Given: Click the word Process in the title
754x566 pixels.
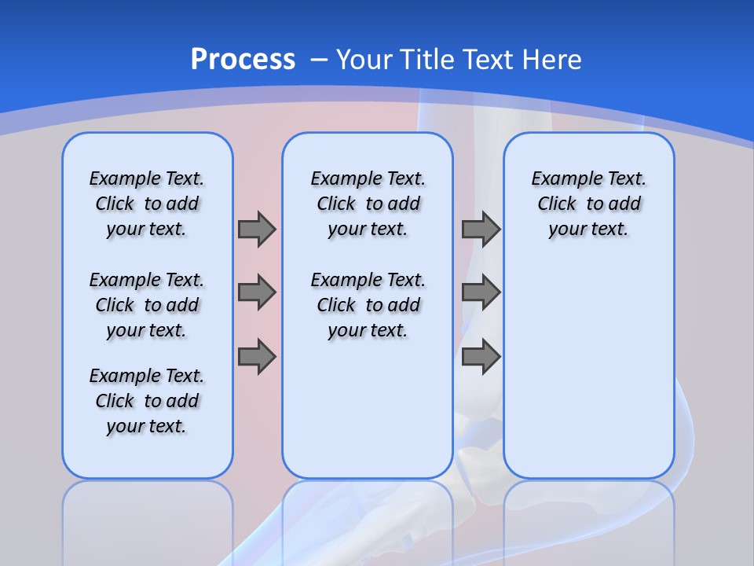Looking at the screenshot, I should [x=243, y=59].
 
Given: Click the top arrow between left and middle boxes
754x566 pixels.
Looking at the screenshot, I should [x=257, y=229].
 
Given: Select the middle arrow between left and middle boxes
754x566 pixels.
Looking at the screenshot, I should [x=257, y=292].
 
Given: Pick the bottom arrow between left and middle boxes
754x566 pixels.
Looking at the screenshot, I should [x=257, y=357].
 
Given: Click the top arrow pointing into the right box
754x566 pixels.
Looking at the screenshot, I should [x=481, y=229].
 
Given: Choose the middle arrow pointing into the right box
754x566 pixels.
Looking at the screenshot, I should [x=481, y=292].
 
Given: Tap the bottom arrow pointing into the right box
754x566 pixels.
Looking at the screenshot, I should [x=481, y=357].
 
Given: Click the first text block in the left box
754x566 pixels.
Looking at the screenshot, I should [x=147, y=204].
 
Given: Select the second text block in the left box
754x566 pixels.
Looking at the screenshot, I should [x=147, y=305].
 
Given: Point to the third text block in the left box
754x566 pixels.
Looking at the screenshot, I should [x=147, y=401].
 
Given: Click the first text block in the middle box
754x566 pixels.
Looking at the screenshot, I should [x=368, y=204].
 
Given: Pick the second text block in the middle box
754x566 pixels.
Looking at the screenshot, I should [x=368, y=305].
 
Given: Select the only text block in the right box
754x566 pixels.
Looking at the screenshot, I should [x=588, y=204].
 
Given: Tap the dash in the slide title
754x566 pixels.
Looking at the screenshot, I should [x=319, y=59].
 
